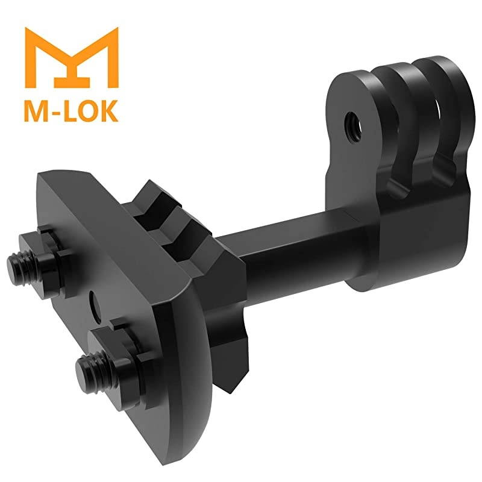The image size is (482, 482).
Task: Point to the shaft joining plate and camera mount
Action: click(x=283, y=247)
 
